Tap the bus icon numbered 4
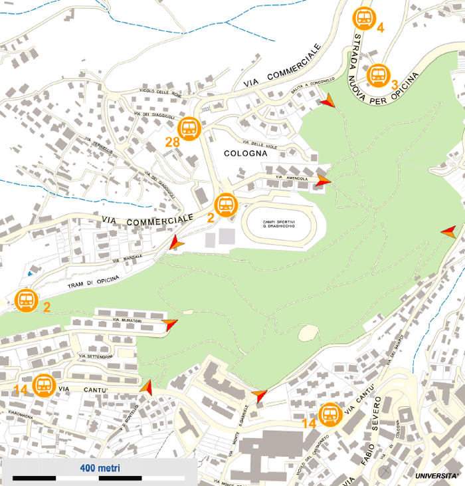pyautogui.click(x=364, y=18)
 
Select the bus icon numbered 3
pyautogui.click(x=378, y=74)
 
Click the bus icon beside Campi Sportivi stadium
pyautogui.click(x=227, y=205)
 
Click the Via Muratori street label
pyautogui.click(x=128, y=321)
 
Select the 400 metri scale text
pyautogui.click(x=100, y=468)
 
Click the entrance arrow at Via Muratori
pyautogui.click(x=171, y=324)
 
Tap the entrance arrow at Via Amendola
pyautogui.click(x=324, y=180)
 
